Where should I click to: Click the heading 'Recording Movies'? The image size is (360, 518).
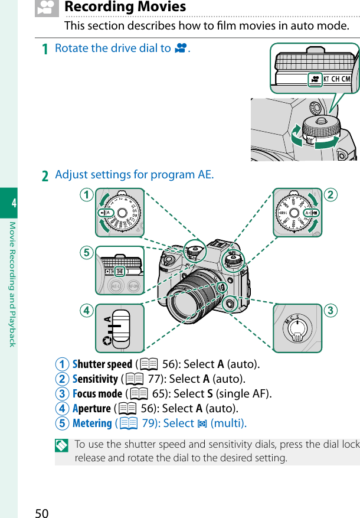pyautogui.click(x=125, y=7)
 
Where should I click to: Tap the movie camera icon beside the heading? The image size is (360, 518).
pyautogui.click(x=47, y=7)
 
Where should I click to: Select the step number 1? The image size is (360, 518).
pyautogui.click(x=45, y=48)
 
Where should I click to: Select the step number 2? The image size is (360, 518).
pyautogui.click(x=45, y=175)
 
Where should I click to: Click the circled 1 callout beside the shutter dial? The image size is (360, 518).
pyautogui.click(x=87, y=195)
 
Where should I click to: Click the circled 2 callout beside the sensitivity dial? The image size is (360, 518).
pyautogui.click(x=331, y=195)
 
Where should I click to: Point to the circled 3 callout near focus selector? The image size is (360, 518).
pyautogui.click(x=331, y=311)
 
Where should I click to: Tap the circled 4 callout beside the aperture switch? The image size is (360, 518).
pyautogui.click(x=87, y=311)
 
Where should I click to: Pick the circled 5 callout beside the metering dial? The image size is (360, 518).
pyautogui.click(x=87, y=253)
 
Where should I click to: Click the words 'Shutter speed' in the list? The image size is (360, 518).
pyautogui.click(x=102, y=364)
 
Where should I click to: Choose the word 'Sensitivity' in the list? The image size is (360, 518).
pyautogui.click(x=95, y=379)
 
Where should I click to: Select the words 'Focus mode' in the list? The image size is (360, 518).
pyautogui.click(x=97, y=393)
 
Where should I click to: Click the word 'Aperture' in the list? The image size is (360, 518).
pyautogui.click(x=91, y=408)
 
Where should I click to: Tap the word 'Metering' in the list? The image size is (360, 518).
pyautogui.click(x=92, y=423)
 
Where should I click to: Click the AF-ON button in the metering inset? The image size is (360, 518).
pyautogui.click(x=133, y=286)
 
